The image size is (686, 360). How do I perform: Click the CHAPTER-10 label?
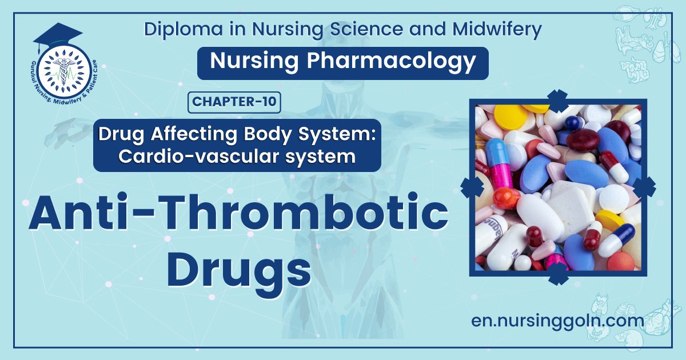coord(234,102)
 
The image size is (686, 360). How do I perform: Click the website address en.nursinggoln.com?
coord(557,321)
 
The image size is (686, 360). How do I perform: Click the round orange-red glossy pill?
coord(505,198)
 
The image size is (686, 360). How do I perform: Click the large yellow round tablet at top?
coord(510,118)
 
